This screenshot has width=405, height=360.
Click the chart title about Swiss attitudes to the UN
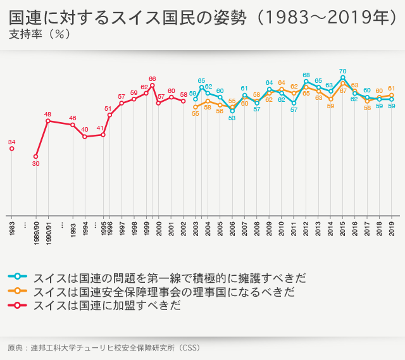pyautogui.click(x=202, y=17)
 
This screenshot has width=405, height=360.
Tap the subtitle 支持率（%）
pyautogui.click(x=40, y=34)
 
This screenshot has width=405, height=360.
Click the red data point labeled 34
pyautogui.click(x=11, y=149)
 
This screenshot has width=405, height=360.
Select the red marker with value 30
pyautogui.click(x=35, y=156)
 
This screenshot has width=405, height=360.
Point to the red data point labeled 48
pyautogui.click(x=48, y=121)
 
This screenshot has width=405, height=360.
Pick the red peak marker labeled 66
pyautogui.click(x=152, y=85)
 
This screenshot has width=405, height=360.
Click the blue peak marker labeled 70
pyautogui.click(x=342, y=78)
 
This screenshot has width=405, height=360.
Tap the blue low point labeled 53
pyautogui.click(x=232, y=111)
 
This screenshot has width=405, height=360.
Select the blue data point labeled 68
pyautogui.click(x=306, y=81)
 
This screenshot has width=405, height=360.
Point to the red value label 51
pyautogui.click(x=108, y=109)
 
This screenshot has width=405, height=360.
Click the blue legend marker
pyautogui.click(x=18, y=276)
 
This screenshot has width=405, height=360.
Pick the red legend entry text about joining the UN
pyautogui.click(x=107, y=306)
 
